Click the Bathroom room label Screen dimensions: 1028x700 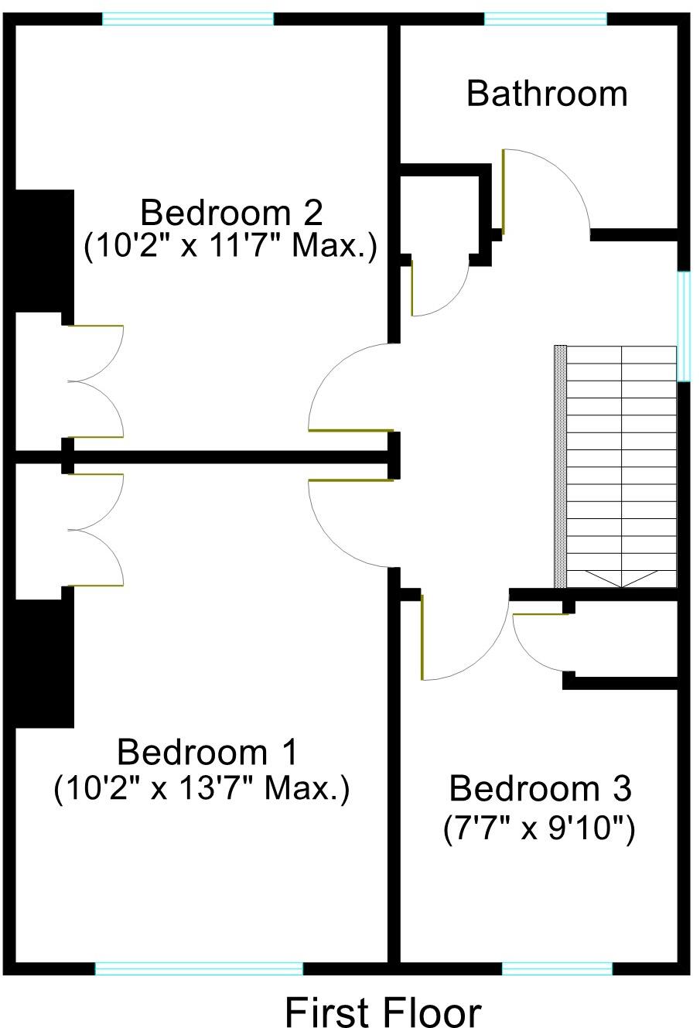pyautogui.click(x=547, y=94)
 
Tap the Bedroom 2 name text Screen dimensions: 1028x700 pyautogui.click(x=231, y=211)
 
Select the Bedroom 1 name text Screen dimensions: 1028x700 pyautogui.click(x=207, y=751)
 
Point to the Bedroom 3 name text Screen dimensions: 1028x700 pyautogui.click(x=540, y=789)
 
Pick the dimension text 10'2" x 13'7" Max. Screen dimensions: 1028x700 pyautogui.click(x=202, y=789)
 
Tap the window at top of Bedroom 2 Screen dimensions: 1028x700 pyautogui.click(x=188, y=19)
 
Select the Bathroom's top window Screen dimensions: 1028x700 pyautogui.click(x=545, y=19)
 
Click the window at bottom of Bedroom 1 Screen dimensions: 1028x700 pyautogui.click(x=199, y=968)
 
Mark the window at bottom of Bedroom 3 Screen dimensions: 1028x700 pyautogui.click(x=557, y=968)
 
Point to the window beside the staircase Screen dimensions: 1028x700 pyautogui.click(x=684, y=326)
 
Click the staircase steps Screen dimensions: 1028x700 pyautogui.click(x=622, y=464)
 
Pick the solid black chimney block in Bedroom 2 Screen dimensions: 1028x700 pyautogui.click(x=44, y=251)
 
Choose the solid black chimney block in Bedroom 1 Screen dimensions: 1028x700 pyautogui.click(x=44, y=664)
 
